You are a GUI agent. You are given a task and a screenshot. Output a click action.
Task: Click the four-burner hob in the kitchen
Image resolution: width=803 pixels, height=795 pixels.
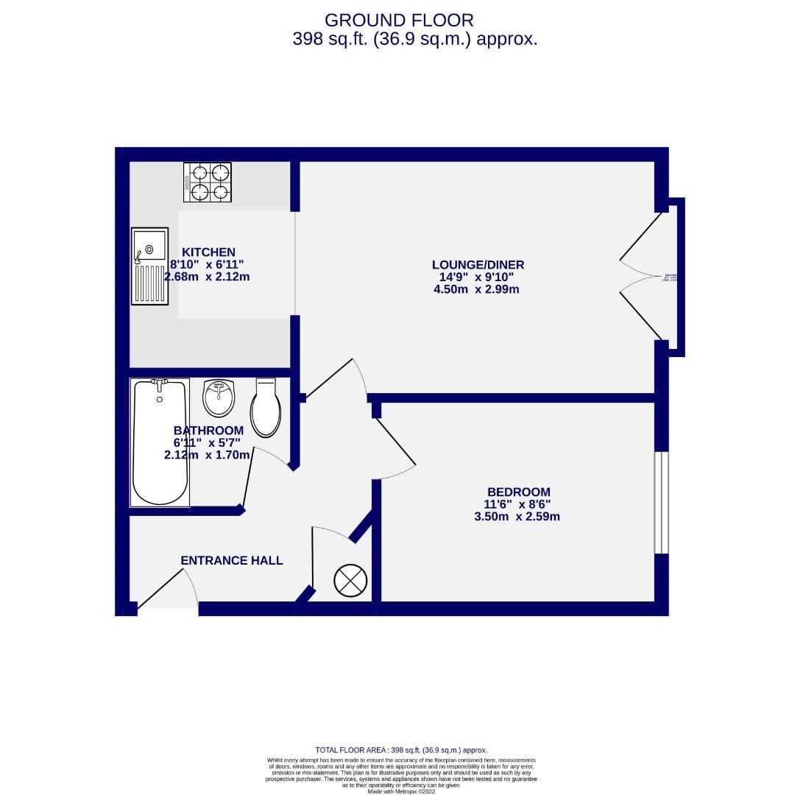[207, 182]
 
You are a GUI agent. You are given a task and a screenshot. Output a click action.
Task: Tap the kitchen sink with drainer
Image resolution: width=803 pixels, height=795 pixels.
[149, 265]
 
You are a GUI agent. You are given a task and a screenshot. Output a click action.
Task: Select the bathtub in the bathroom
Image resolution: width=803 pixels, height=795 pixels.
[160, 442]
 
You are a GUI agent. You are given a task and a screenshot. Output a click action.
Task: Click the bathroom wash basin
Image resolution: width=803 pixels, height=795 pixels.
[219, 397]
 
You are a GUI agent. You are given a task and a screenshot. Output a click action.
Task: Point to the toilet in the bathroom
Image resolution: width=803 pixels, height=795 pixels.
[266, 409]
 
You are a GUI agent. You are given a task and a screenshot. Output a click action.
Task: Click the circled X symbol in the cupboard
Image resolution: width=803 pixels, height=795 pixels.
[350, 580]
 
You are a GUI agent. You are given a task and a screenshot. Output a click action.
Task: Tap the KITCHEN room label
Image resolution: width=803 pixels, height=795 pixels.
[208, 252]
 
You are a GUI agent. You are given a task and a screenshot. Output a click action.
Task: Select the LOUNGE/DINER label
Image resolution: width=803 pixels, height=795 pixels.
[478, 265]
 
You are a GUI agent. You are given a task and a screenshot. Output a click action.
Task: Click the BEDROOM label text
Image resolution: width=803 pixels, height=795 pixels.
[518, 492]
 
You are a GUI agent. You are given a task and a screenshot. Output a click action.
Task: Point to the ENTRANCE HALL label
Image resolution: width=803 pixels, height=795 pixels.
[232, 560]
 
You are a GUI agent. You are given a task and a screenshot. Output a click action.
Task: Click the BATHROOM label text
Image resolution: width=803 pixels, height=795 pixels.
[208, 430]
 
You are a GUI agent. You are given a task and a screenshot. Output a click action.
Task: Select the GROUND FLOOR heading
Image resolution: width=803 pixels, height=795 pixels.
[399, 21]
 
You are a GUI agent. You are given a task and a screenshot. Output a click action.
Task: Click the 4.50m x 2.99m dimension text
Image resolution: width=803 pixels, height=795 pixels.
[476, 289]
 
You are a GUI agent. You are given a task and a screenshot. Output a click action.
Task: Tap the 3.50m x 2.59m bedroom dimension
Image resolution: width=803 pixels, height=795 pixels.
[517, 517]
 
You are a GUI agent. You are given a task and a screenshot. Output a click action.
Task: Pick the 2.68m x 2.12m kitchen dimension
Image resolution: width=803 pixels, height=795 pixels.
[207, 277]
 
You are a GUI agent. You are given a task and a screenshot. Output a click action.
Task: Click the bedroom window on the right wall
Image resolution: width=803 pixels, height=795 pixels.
[661, 502]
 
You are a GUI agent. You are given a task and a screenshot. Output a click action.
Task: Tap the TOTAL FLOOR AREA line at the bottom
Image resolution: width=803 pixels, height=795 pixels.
[401, 750]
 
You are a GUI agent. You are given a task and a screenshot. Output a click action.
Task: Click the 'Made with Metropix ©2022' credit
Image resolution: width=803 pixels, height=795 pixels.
[401, 791]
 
